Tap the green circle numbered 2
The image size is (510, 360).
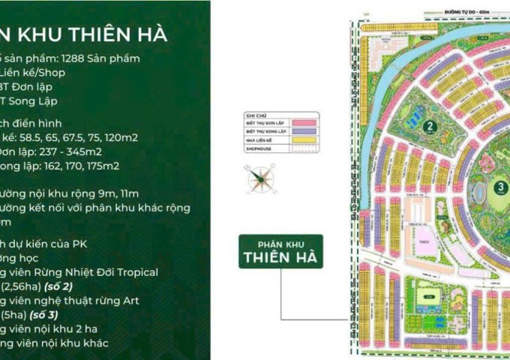point(430,126)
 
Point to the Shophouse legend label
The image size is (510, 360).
point(258,148)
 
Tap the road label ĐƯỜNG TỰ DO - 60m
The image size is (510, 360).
point(464,11)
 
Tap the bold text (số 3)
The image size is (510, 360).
point(49,315)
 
